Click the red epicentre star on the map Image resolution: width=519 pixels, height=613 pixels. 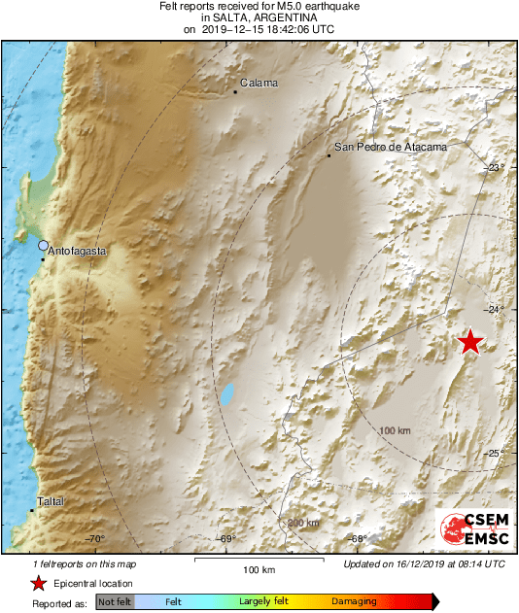(x=470, y=341)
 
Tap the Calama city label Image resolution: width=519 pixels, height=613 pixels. (x=259, y=84)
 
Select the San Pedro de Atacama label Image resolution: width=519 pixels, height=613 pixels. (x=390, y=147)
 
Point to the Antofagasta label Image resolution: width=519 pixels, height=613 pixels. (x=77, y=250)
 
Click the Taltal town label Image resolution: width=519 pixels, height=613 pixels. (x=50, y=502)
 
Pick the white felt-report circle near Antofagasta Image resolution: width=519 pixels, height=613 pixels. (x=43, y=246)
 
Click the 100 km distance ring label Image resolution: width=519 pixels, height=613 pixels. (x=396, y=429)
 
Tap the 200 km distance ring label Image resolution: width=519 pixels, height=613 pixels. (x=303, y=524)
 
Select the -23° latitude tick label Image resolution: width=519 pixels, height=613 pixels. (x=496, y=168)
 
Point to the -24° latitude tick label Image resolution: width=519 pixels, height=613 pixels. (x=496, y=310)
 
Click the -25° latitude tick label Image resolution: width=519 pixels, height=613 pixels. (x=496, y=453)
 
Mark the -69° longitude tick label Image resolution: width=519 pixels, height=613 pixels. (x=225, y=539)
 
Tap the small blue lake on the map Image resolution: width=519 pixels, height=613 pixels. (x=226, y=394)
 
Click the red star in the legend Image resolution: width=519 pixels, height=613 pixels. (x=38, y=583)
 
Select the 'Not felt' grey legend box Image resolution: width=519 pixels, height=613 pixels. (x=115, y=602)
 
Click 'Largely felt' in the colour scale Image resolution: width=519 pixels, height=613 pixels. (x=260, y=602)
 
